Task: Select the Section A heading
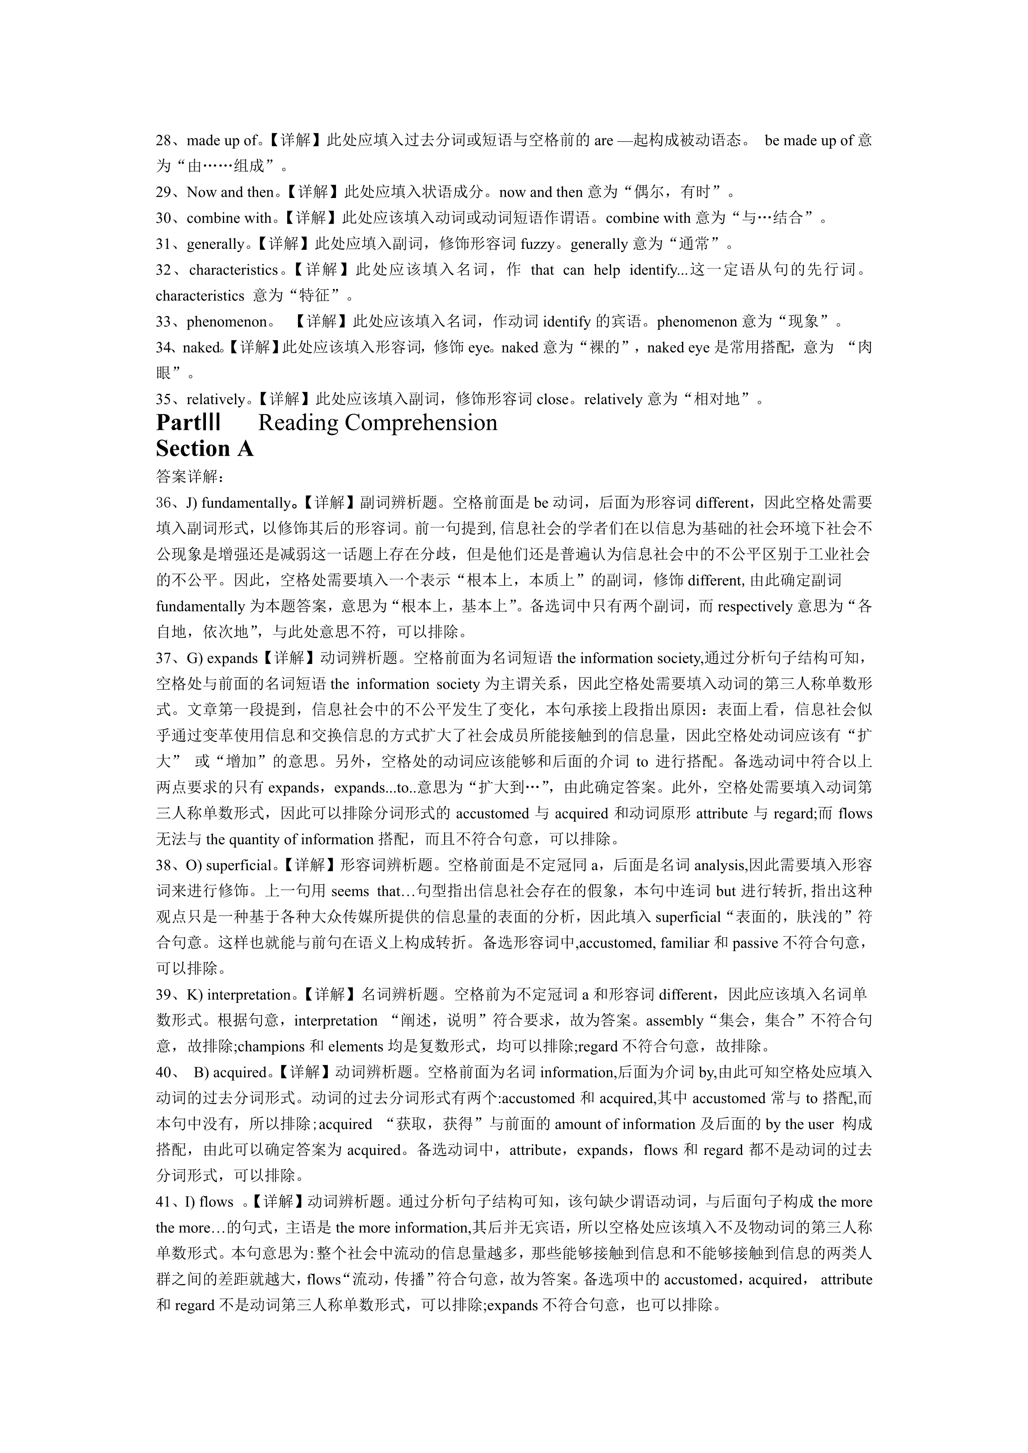pos(204,449)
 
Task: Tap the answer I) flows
pos(208,1202)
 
